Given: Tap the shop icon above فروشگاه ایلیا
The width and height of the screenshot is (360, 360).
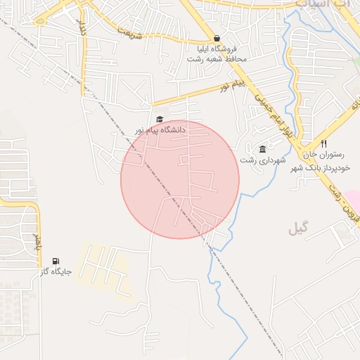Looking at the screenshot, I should (x=217, y=39).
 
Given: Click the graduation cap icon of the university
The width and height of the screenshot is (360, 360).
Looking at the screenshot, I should (x=160, y=120).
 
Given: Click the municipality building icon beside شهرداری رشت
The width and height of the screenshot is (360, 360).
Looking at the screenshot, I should (x=263, y=149).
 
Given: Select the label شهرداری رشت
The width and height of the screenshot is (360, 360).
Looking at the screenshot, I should (x=264, y=160).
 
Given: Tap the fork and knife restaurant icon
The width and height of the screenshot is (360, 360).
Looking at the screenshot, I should (x=323, y=143).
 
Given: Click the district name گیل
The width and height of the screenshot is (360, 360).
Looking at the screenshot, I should (x=298, y=229).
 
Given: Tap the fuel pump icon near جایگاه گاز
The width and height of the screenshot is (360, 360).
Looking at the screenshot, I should (x=56, y=261).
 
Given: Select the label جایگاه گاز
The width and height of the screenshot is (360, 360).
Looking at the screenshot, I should (x=53, y=271).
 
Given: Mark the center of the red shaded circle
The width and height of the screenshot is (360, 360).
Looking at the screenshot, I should (x=180, y=179).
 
